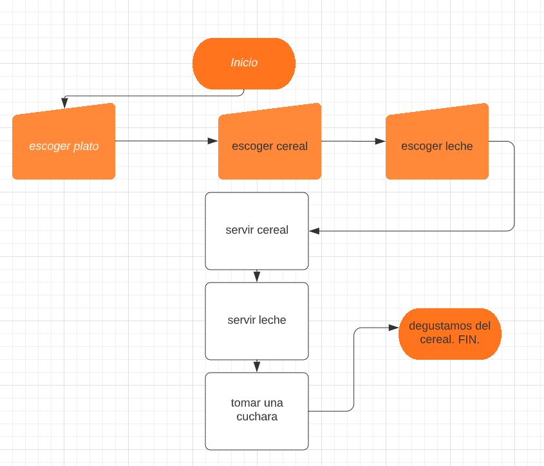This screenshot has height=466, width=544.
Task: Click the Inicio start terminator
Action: point(244,63)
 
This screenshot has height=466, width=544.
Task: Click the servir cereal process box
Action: point(257,230)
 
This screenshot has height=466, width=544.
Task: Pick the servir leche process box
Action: point(257,321)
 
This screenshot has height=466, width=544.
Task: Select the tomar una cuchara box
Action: point(257,411)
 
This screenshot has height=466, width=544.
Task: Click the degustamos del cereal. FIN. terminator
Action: point(450,333)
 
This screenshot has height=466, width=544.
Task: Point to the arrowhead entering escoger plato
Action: point(64,104)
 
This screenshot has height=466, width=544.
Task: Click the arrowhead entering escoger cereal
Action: point(213,140)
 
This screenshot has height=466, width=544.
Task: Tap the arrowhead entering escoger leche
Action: point(380,141)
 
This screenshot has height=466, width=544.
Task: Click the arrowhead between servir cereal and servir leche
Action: point(257,277)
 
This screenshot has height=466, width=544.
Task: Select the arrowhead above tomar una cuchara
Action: point(257,367)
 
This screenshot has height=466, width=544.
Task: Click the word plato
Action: point(86,146)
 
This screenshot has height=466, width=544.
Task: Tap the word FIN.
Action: point(469,339)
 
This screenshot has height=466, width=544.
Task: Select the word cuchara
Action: point(257,417)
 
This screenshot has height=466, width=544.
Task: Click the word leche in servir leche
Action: point(272,320)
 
